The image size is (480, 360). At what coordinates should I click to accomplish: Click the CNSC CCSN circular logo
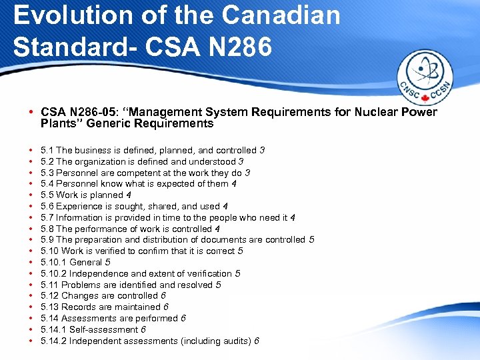[x=425, y=79]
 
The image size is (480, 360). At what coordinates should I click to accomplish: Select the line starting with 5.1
[x=152, y=151]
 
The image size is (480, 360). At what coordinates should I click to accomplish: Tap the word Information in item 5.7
[x=79, y=217]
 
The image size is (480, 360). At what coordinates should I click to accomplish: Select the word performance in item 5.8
[x=101, y=229]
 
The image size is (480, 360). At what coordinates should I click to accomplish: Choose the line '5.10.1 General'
[x=75, y=263]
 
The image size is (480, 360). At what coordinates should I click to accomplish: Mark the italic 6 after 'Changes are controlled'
[x=163, y=296]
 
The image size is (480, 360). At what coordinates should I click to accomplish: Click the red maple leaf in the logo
[x=425, y=99]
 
